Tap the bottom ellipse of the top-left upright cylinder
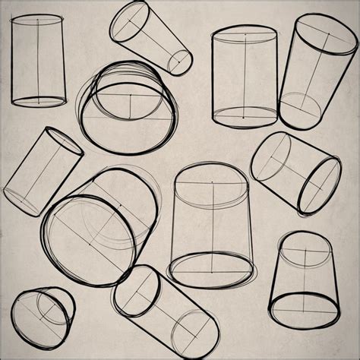pos(39,100)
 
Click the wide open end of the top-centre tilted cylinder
pos(129,21)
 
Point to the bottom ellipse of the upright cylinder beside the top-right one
pos(245,117)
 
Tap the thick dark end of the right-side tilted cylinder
pos(319,185)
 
